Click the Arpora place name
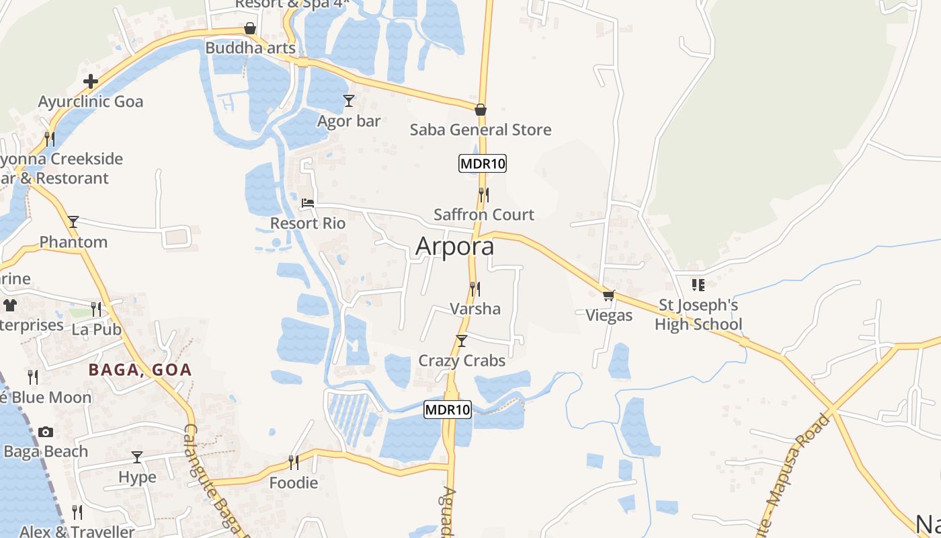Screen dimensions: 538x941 pyautogui.click(x=454, y=246)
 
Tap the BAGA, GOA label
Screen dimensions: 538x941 pyautogui.click(x=140, y=369)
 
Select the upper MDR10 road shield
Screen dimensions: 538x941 pyautogui.click(x=482, y=163)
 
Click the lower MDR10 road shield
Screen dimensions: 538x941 pyautogui.click(x=448, y=409)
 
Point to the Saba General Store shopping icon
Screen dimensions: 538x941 pyautogui.click(x=481, y=110)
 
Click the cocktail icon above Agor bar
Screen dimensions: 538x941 pyautogui.click(x=348, y=101)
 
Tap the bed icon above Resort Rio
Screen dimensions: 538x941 pyautogui.click(x=308, y=202)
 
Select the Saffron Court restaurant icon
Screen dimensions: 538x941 pyautogui.click(x=483, y=195)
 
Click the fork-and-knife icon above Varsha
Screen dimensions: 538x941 pyautogui.click(x=475, y=289)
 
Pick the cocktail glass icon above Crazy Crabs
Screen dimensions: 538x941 pyautogui.click(x=461, y=341)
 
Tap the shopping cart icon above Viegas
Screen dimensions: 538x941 pyautogui.click(x=609, y=295)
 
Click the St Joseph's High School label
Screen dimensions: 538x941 pyautogui.click(x=698, y=315)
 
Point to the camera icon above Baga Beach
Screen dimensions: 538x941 pyautogui.click(x=46, y=432)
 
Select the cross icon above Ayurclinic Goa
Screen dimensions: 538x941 pyautogui.click(x=91, y=82)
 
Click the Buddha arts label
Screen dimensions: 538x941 pyautogui.click(x=250, y=48)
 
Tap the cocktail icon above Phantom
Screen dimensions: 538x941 pyautogui.click(x=73, y=222)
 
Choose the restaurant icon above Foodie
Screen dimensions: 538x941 pyautogui.click(x=293, y=463)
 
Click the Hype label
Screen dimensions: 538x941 pyautogui.click(x=137, y=477)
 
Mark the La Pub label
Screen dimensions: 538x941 pyautogui.click(x=96, y=330)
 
